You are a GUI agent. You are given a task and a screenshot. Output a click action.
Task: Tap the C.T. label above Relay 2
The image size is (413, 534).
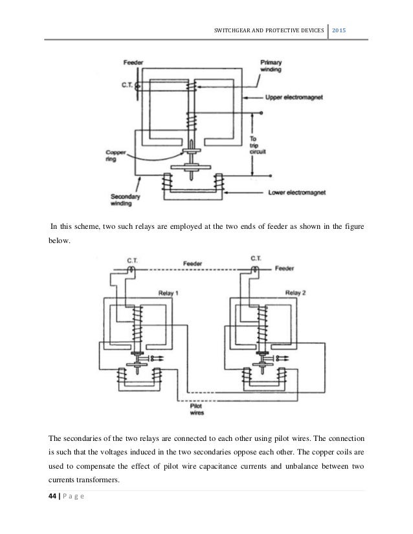coord(254,259)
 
